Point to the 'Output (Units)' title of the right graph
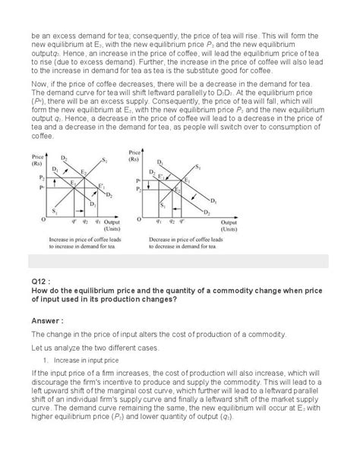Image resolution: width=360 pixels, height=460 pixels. click(x=228, y=225)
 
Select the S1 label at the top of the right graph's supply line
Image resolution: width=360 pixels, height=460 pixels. click(x=199, y=166)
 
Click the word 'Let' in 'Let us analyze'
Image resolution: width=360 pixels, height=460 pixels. click(x=36, y=346)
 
